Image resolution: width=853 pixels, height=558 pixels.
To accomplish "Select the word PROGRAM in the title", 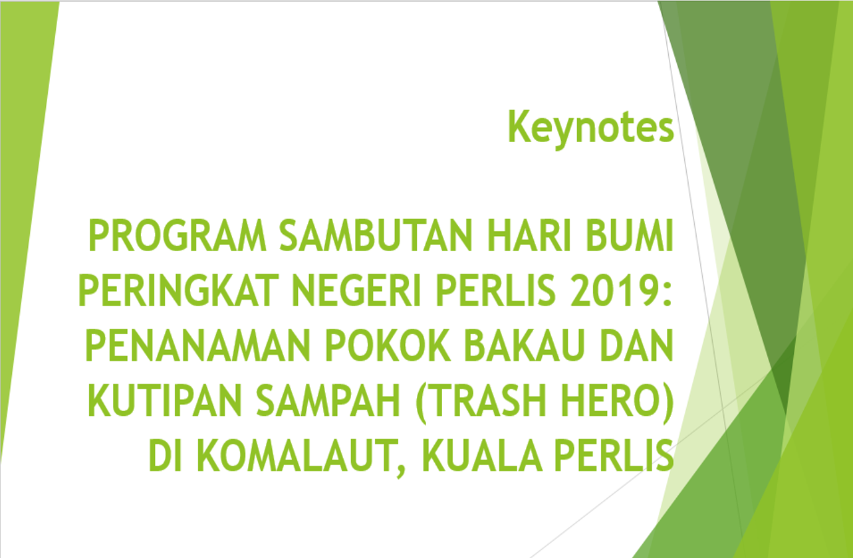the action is pyautogui.click(x=178, y=235).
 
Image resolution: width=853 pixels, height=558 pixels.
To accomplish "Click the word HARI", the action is pyautogui.click(x=529, y=235).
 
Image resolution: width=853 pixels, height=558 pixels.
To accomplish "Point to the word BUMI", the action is pyautogui.click(x=630, y=235).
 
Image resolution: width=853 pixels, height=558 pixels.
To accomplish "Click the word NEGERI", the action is pyautogui.click(x=356, y=290).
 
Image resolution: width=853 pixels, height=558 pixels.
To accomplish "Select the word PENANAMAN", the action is pyautogui.click(x=197, y=345).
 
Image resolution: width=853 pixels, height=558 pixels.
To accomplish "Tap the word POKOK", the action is pyautogui.click(x=388, y=345).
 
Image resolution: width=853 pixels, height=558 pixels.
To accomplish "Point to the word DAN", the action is pyautogui.click(x=637, y=345).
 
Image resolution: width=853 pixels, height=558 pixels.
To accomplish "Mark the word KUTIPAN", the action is pyautogui.click(x=165, y=401).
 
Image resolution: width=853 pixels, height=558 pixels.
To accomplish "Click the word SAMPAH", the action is pyautogui.click(x=328, y=401).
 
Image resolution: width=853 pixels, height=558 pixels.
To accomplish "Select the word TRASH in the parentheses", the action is pyautogui.click(x=487, y=401).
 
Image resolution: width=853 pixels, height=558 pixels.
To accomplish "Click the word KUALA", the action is pyautogui.click(x=483, y=455).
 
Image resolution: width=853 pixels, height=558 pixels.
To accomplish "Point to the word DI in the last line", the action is pyautogui.click(x=165, y=455).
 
